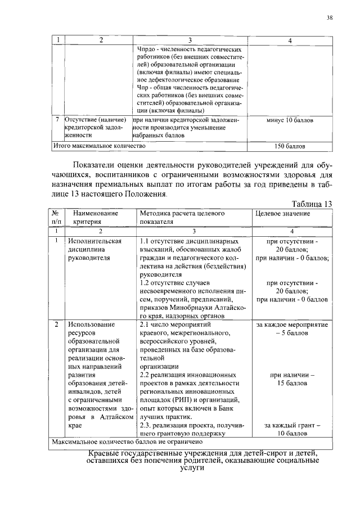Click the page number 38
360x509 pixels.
click(330, 17)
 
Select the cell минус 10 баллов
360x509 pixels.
click(289, 120)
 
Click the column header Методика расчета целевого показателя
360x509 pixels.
click(182, 218)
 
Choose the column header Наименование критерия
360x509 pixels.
click(95, 218)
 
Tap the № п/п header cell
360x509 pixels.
click(56, 218)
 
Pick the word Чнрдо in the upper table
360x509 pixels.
click(147, 49)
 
